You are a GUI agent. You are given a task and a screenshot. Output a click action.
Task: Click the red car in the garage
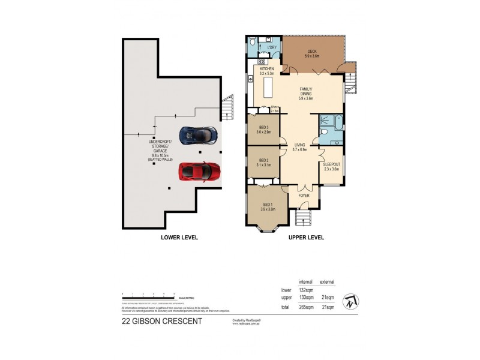click(x=199, y=172)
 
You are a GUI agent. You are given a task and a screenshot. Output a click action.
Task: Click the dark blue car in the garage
click(x=199, y=136)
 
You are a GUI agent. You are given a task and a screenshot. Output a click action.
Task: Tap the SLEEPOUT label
click(x=331, y=166)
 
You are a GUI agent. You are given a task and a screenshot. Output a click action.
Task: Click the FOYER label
click(x=305, y=195)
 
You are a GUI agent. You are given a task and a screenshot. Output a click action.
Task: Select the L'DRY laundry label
click(x=272, y=47)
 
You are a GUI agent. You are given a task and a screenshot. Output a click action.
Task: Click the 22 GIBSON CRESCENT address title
click(x=162, y=321)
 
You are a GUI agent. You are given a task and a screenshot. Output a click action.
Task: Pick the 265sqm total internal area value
click(x=306, y=307)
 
